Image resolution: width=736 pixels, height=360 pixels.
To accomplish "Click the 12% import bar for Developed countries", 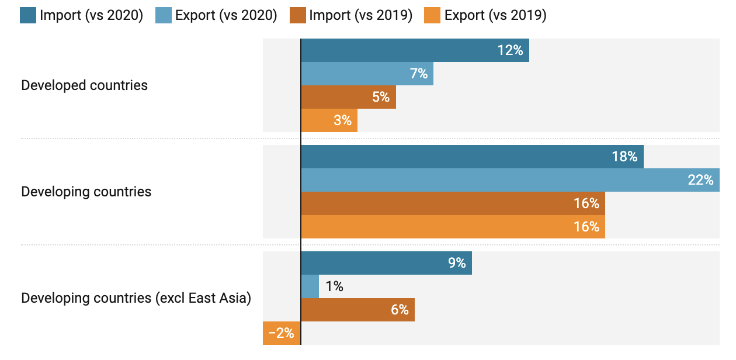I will pyautogui.click(x=415, y=50).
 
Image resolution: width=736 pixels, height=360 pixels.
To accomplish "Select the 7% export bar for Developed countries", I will pyautogui.click(x=367, y=74).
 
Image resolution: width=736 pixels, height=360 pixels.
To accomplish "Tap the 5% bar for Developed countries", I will pyautogui.click(x=348, y=97).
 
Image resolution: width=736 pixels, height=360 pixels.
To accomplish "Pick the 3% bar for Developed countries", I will pyautogui.click(x=329, y=120).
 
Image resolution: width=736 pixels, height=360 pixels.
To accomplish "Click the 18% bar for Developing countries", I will pyautogui.click(x=472, y=157).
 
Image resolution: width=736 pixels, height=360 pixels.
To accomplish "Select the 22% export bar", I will pyautogui.click(x=510, y=180).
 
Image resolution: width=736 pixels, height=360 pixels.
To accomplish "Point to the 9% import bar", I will pyautogui.click(x=386, y=263).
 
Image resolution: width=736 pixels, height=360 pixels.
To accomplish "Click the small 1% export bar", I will pyautogui.click(x=310, y=286).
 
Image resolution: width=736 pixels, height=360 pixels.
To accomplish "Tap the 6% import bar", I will pyautogui.click(x=357, y=310).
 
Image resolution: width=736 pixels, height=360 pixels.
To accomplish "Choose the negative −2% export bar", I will pyautogui.click(x=282, y=333).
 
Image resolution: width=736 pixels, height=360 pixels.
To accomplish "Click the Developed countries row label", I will pyautogui.click(x=85, y=85).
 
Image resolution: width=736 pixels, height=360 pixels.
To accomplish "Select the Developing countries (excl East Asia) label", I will pyautogui.click(x=136, y=298).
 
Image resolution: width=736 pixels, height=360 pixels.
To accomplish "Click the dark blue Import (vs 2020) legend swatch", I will pyautogui.click(x=28, y=15).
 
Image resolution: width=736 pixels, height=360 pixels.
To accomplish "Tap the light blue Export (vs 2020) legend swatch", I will pyautogui.click(x=164, y=15).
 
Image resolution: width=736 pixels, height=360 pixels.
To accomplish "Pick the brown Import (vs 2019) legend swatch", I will pyautogui.click(x=298, y=15).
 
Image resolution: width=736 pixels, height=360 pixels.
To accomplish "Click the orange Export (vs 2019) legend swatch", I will pyautogui.click(x=433, y=15).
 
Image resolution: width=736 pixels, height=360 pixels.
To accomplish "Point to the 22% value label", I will pyautogui.click(x=700, y=180).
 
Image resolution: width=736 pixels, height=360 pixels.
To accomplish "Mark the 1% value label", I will pyautogui.click(x=335, y=286).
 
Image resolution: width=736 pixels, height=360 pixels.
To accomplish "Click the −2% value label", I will pyautogui.click(x=282, y=333).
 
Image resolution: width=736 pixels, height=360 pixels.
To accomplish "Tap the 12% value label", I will pyautogui.click(x=510, y=50).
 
